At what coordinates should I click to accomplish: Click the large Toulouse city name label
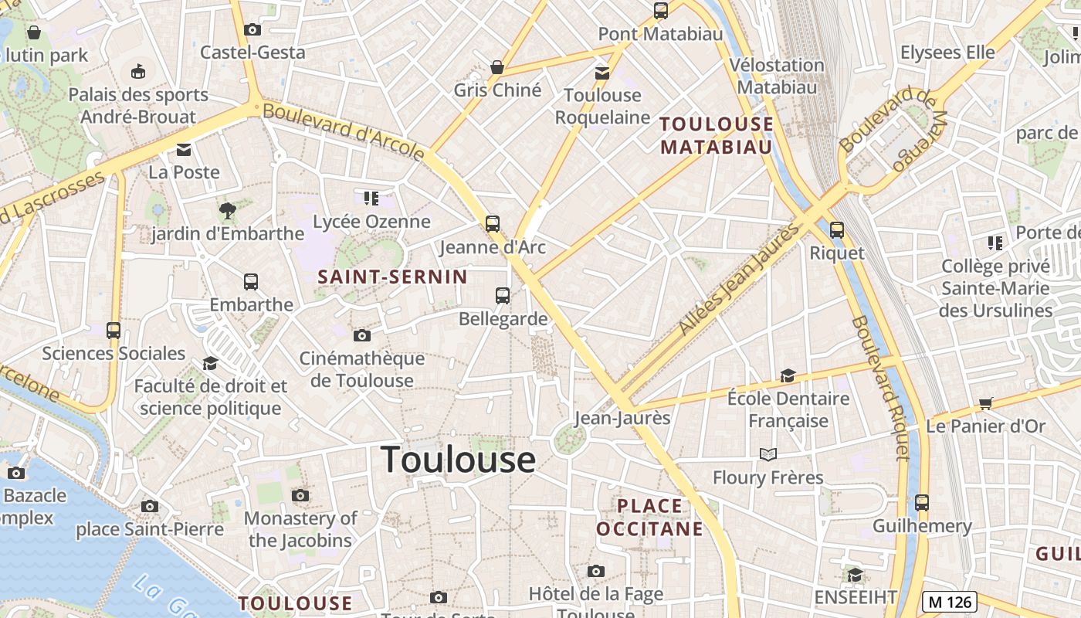(x=458, y=459)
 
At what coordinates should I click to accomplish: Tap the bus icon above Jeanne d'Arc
(x=493, y=224)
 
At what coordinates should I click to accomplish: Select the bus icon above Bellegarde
(x=503, y=295)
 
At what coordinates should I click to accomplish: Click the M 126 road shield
(x=950, y=601)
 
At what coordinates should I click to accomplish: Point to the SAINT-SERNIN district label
(x=392, y=277)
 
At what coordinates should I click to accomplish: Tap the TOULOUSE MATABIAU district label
(x=716, y=135)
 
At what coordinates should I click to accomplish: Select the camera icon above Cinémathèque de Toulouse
(x=361, y=335)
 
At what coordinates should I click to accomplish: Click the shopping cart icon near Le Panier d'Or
(x=985, y=402)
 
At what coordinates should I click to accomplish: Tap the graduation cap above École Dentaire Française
(x=788, y=375)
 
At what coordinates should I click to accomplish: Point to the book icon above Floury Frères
(x=768, y=454)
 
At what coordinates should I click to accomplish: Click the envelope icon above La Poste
(x=184, y=149)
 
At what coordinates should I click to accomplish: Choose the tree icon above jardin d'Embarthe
(x=227, y=209)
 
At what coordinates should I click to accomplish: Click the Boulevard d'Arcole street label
(x=344, y=132)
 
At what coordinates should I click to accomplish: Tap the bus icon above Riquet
(x=837, y=229)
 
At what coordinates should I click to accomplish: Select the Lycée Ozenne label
(x=371, y=222)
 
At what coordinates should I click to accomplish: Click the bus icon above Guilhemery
(x=922, y=503)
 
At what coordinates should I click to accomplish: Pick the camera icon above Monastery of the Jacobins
(x=300, y=495)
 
